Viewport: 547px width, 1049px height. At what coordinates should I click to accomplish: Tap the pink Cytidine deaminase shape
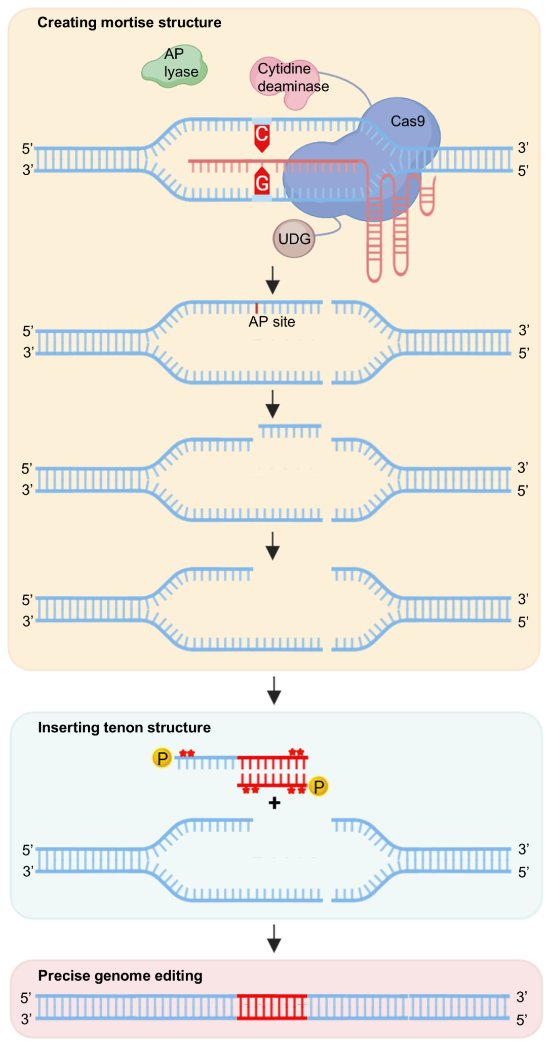[284, 81]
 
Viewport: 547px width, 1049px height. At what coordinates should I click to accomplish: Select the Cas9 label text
[407, 122]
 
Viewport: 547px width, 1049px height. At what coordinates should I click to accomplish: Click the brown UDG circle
[294, 239]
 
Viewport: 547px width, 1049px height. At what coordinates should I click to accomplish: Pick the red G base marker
[262, 182]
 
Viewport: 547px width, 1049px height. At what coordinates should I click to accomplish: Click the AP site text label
[271, 322]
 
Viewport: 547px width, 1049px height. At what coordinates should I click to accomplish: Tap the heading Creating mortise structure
[129, 23]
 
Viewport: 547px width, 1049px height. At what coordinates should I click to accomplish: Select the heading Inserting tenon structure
[124, 727]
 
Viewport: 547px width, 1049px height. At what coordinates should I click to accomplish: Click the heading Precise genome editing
[120, 976]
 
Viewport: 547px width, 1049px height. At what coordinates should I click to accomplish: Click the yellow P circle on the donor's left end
[162, 758]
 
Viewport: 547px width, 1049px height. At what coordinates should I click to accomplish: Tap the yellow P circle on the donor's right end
[319, 787]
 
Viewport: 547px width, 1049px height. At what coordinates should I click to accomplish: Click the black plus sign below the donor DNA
[274, 803]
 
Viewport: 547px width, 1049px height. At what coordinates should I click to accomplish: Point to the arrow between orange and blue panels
[274, 690]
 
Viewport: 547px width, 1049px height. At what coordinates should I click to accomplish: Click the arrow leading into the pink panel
[274, 939]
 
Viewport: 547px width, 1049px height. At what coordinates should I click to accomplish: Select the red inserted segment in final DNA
[272, 1007]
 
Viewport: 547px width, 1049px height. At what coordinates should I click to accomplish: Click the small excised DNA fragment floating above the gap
[290, 431]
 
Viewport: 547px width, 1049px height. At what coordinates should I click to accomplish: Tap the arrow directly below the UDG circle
[273, 280]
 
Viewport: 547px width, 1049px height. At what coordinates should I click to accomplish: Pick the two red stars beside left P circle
[187, 753]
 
